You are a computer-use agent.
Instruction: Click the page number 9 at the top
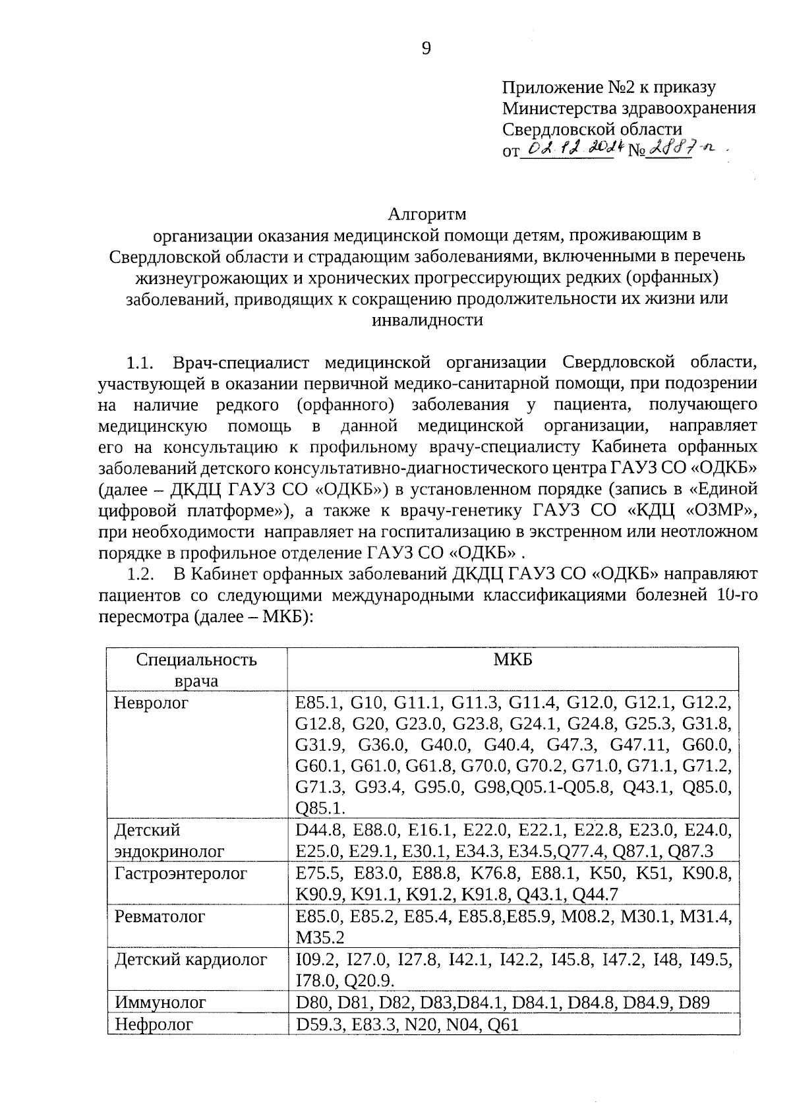click(x=426, y=48)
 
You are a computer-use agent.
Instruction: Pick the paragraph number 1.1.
click(x=140, y=363)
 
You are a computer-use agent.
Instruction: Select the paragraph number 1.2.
click(x=140, y=574)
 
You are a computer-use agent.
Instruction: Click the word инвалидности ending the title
click(x=427, y=320)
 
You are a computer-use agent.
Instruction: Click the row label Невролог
click(x=151, y=703)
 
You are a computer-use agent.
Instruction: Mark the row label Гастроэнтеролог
click(x=181, y=874)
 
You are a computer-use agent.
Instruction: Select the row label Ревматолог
click(x=160, y=916)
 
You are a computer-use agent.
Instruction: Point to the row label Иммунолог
click(x=160, y=1003)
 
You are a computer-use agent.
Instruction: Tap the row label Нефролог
click(x=154, y=1024)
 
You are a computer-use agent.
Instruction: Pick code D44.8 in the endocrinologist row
click(x=319, y=830)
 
